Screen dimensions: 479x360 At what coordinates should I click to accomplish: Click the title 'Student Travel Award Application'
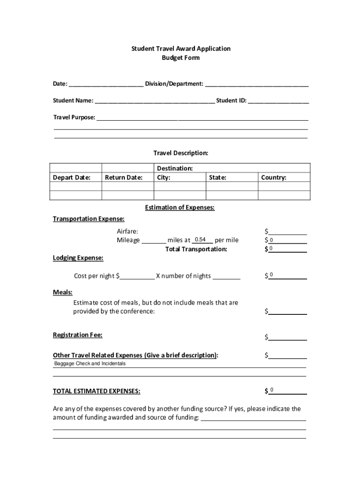tap(180, 49)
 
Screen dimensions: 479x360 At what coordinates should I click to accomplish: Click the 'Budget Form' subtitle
tap(180, 58)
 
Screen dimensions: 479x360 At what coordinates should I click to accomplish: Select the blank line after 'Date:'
tap(106, 85)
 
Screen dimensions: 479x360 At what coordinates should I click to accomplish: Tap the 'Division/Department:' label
tap(174, 84)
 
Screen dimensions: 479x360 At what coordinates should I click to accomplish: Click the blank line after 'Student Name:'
tap(155, 101)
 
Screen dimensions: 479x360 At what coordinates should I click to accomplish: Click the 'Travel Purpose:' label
tap(74, 117)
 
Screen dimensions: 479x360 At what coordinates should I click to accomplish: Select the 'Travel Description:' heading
tap(180, 153)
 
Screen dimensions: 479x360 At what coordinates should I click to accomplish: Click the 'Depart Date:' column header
tap(72, 178)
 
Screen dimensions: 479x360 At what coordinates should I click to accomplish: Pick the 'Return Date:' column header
tap(123, 178)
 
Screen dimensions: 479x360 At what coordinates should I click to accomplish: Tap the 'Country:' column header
tap(274, 178)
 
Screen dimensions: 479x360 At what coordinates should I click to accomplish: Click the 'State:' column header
tap(217, 178)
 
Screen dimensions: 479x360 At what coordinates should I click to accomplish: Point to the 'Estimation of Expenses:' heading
tap(180, 208)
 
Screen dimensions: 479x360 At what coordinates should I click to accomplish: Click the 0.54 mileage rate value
tap(201, 239)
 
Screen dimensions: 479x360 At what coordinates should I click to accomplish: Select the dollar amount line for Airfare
tap(288, 232)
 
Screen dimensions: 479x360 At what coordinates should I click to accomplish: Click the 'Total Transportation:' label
tap(196, 249)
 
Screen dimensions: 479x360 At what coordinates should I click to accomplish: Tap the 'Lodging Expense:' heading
tap(78, 258)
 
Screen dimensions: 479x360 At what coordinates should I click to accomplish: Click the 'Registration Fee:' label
tap(78, 335)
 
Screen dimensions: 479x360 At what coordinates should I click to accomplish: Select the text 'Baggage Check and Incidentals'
tap(90, 364)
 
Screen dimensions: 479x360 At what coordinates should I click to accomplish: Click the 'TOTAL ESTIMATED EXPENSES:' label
tap(96, 391)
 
